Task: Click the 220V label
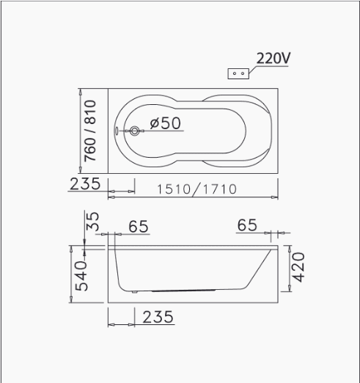click(x=273, y=58)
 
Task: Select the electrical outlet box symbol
click(x=238, y=73)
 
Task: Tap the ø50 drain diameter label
click(x=166, y=123)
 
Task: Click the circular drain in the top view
click(x=134, y=131)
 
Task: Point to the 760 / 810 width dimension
click(x=90, y=131)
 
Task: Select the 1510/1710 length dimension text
click(x=196, y=189)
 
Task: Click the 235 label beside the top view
click(x=85, y=183)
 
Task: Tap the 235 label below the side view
click(x=158, y=317)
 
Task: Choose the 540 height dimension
click(x=81, y=276)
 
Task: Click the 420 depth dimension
click(x=298, y=267)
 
